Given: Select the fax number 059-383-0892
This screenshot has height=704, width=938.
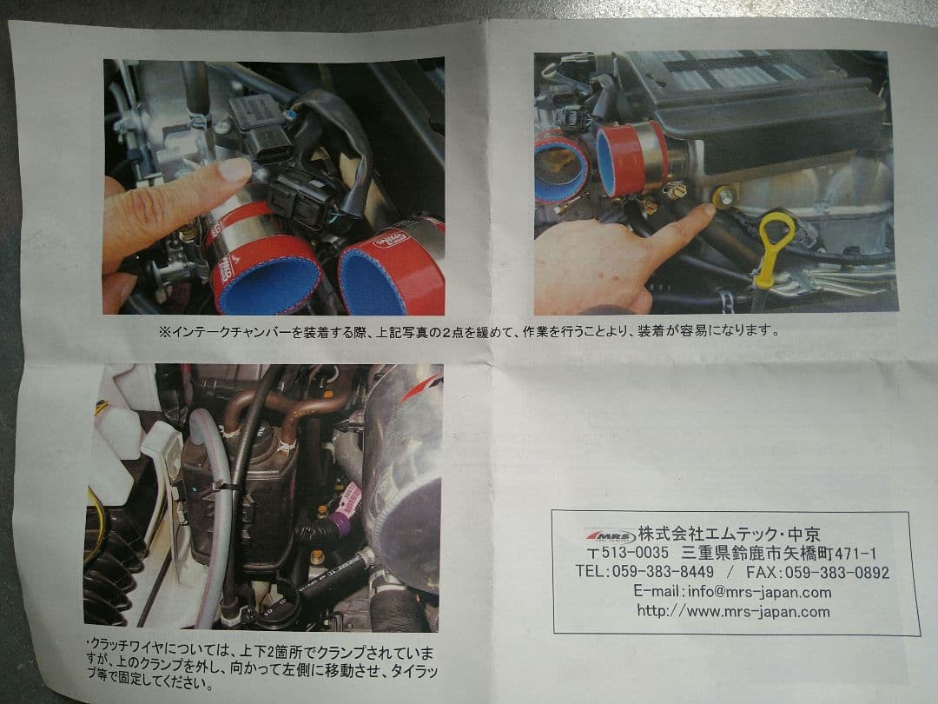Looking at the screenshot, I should coord(836,572).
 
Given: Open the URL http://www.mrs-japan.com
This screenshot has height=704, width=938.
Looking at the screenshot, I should coord(733,611).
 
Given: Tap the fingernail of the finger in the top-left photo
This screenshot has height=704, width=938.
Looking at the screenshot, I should coord(234,169).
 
